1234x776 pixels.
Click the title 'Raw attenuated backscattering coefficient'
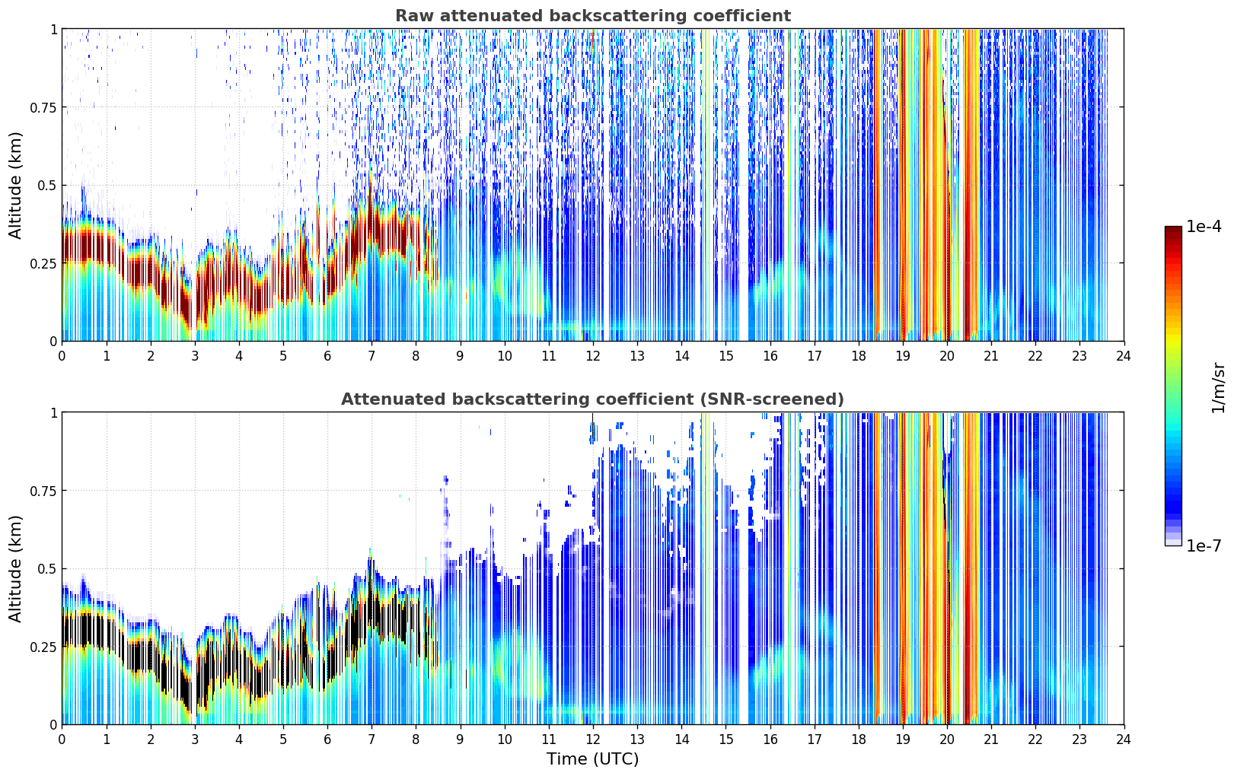[x=593, y=15]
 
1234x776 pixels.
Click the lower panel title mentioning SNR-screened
[x=592, y=399]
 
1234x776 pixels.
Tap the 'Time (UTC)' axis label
[x=593, y=759]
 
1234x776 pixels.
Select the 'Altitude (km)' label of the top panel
[x=15, y=186]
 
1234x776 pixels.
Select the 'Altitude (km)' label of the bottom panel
[x=15, y=569]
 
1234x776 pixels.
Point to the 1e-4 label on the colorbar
[x=1204, y=227]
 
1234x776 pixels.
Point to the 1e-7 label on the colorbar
[x=1204, y=546]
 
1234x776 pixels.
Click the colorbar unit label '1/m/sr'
[x=1219, y=387]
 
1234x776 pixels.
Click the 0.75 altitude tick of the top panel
[x=43, y=107]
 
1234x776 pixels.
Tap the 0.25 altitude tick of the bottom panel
[x=43, y=647]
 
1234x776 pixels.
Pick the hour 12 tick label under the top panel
[x=593, y=356]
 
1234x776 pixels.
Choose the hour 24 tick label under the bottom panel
[x=1124, y=739]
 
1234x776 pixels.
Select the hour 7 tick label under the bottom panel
[x=371, y=739]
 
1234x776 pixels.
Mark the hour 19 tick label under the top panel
[x=902, y=356]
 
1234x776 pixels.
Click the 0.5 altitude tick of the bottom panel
[x=46, y=569]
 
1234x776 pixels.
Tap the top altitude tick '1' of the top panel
[x=54, y=30]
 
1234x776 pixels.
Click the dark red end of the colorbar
[x=1173, y=230]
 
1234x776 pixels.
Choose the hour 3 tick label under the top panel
[x=194, y=356]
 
